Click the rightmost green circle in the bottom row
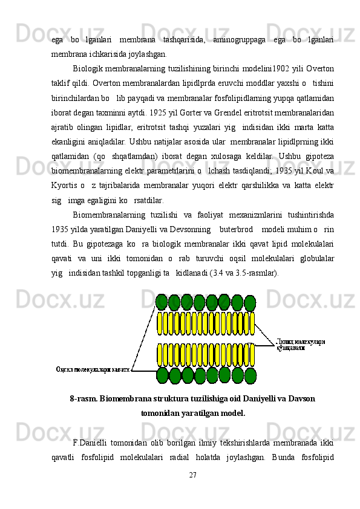250,376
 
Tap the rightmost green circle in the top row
249,302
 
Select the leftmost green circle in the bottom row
162,375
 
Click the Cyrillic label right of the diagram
301,344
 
